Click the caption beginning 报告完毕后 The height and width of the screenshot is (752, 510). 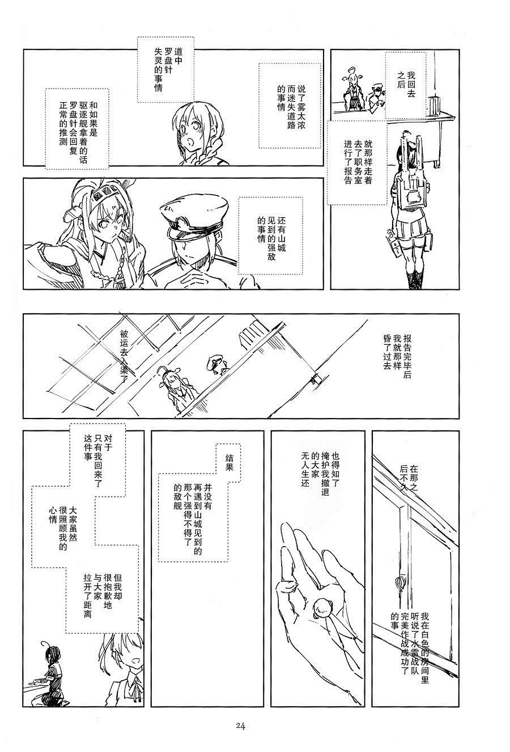[x=397, y=357]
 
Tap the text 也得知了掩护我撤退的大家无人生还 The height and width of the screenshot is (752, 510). [x=320, y=474]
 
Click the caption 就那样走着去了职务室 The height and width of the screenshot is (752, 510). [x=358, y=163]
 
